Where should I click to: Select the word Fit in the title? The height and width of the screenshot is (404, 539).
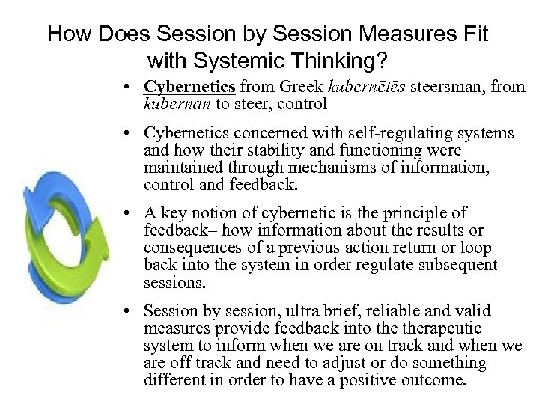tap(472, 34)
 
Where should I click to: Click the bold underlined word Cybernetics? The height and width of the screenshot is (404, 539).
tap(186, 87)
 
